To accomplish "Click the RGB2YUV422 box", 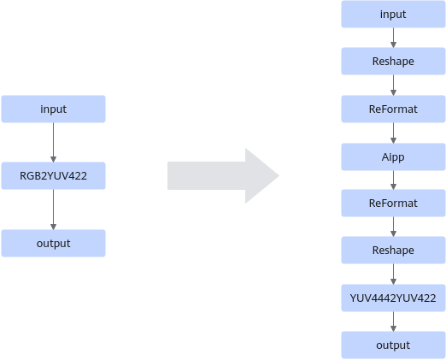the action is click(53, 175).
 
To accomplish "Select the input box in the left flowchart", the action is click(53, 109).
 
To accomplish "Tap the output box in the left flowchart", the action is click(53, 243).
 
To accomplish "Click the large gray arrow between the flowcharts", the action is click(223, 175).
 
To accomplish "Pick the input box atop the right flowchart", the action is click(393, 15).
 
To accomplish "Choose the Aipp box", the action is click(393, 157).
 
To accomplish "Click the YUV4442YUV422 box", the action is click(393, 298).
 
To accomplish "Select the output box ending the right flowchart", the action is click(393, 345).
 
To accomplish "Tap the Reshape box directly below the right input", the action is click(393, 62).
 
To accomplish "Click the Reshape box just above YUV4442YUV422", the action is click(393, 250).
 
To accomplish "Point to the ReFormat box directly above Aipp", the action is click(393, 109).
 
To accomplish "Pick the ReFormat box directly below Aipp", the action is click(393, 204).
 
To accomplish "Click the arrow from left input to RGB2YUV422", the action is click(53, 143).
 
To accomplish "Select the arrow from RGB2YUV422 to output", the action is click(53, 210).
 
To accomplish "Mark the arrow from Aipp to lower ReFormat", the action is click(393, 180).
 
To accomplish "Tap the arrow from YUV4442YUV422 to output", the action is click(393, 322).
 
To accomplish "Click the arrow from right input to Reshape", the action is click(393, 38).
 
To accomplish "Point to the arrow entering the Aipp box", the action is click(393, 133).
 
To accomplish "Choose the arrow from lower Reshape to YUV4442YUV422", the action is click(393, 274).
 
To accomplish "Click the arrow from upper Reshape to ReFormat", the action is click(393, 86).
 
